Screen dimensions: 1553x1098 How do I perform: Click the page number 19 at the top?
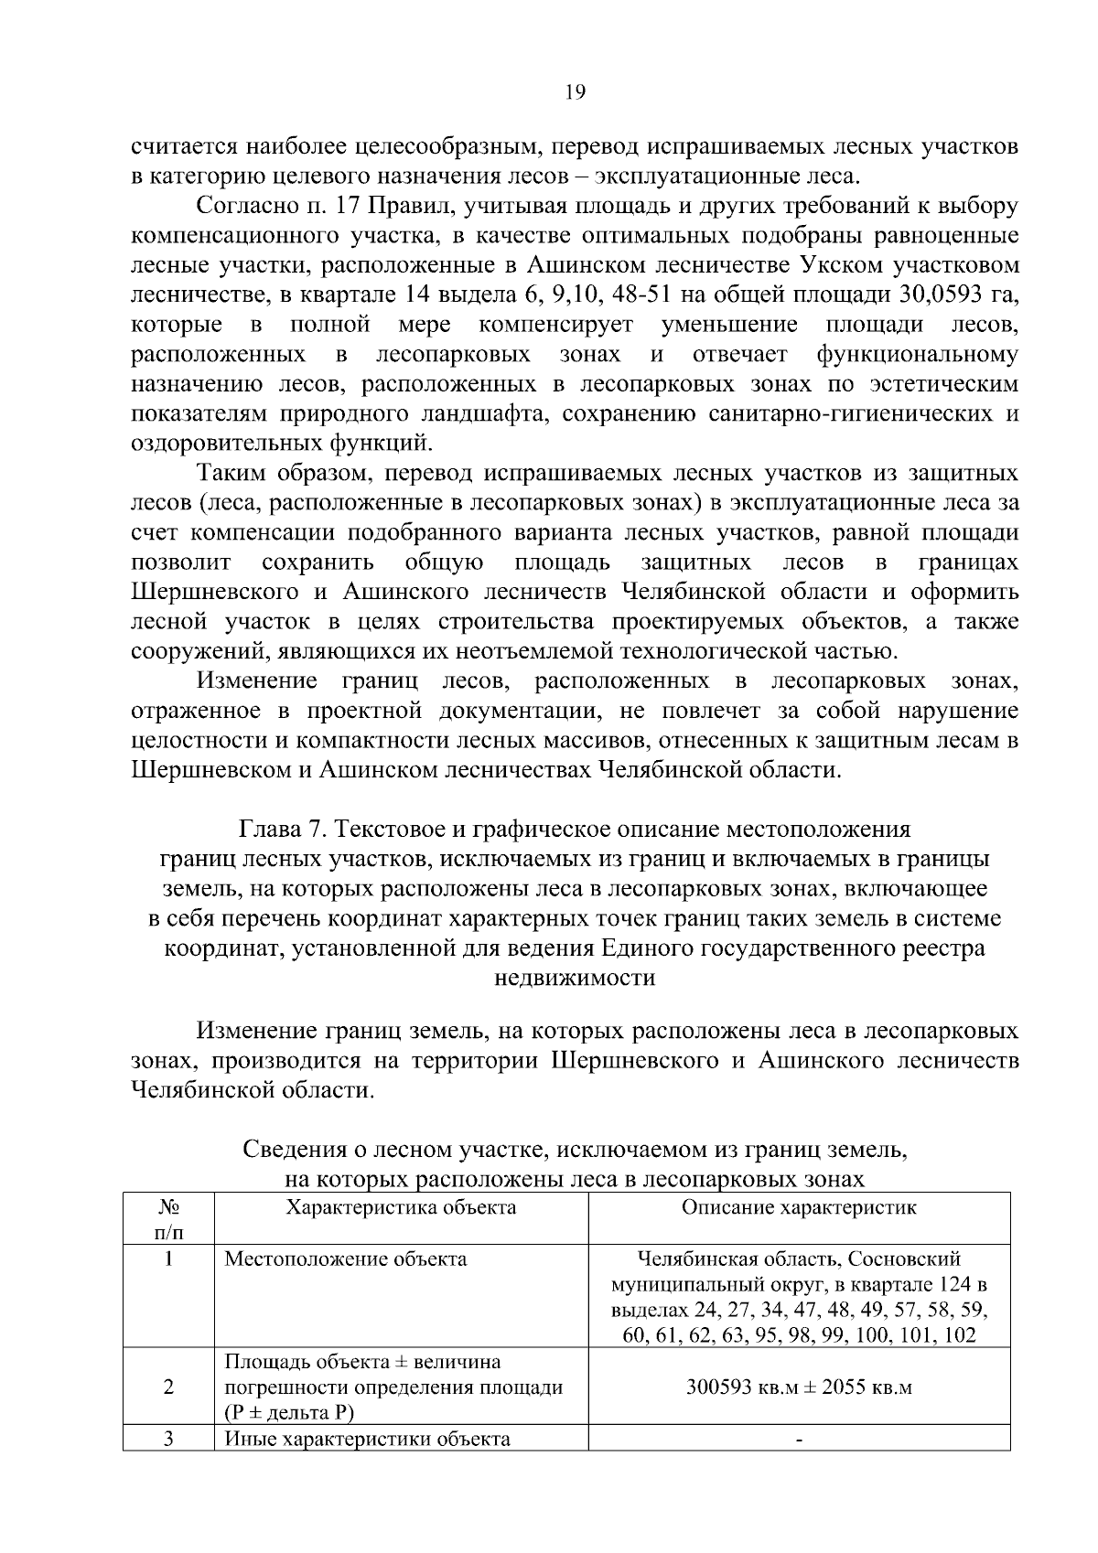576,91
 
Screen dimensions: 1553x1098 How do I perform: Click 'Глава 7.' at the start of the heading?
282,830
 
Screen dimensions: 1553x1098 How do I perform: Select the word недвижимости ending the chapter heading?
575,978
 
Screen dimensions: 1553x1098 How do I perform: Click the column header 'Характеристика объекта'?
401,1207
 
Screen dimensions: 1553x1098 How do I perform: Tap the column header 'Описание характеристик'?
799,1207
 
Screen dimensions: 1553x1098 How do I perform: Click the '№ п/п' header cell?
168,1217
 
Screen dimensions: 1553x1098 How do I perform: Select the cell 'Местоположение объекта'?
346,1259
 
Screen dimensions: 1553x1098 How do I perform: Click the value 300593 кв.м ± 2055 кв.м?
799,1387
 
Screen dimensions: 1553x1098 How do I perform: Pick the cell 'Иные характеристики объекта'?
367,1440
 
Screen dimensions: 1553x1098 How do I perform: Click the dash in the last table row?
799,1441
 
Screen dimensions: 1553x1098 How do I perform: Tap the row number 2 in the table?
168,1387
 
